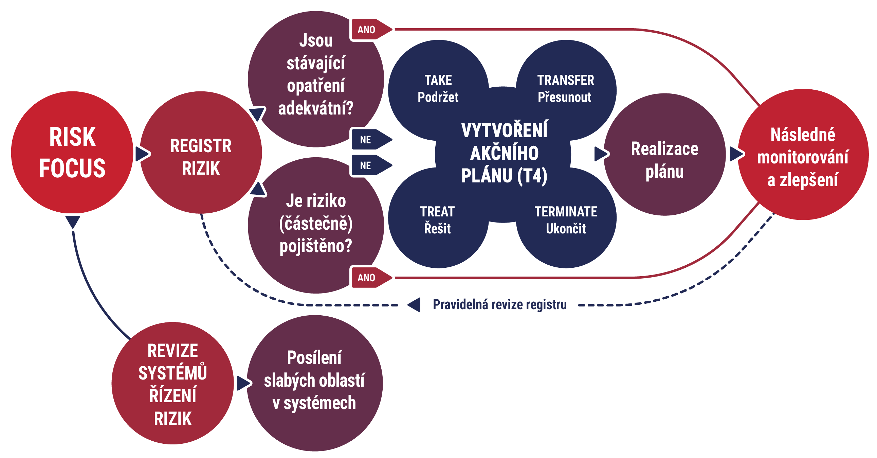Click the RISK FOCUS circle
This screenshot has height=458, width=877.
pos(72,152)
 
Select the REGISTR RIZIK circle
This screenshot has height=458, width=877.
pos(201,157)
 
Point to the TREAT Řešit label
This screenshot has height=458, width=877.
pos(437,220)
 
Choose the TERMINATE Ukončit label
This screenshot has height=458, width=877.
pos(566,220)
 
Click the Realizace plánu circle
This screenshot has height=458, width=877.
pos(664,159)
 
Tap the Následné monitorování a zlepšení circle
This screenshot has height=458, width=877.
pos(802,157)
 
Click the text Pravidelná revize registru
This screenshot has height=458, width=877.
pos(499,305)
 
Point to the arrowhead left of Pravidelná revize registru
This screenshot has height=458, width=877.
pos(414,305)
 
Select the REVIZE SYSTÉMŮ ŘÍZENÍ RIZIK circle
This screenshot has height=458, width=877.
pos(172,384)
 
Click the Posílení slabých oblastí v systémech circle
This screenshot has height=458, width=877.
pos(314,381)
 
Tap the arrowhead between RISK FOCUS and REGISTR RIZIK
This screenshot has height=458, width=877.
pos(142,154)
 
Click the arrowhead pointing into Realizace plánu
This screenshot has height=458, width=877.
pos(601,154)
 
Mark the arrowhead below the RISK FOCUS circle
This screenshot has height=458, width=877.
pos(73,222)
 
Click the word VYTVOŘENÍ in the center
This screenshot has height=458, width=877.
pos(504,130)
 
